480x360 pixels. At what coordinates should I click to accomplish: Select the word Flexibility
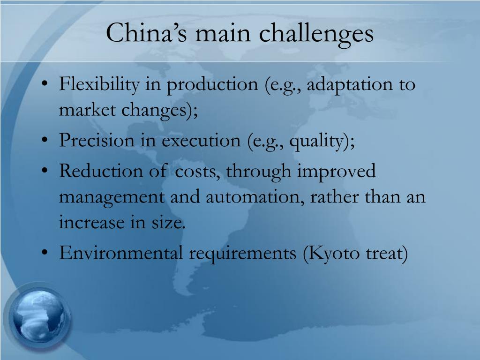click(99, 84)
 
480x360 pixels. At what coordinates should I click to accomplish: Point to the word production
click(212, 85)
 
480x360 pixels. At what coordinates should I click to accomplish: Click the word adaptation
click(349, 85)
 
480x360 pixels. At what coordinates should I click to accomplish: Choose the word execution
click(201, 141)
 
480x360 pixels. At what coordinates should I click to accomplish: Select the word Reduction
click(101, 171)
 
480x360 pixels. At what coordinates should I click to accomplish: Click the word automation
click(252, 196)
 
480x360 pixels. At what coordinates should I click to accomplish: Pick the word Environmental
click(120, 253)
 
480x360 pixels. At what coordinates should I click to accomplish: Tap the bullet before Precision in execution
click(45, 141)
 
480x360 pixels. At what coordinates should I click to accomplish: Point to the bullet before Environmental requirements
click(45, 253)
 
